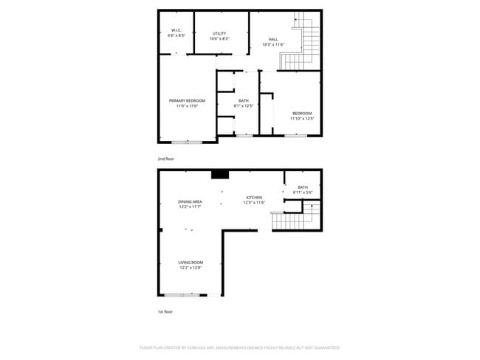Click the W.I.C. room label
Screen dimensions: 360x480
click(176, 30)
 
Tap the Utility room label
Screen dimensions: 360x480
click(219, 32)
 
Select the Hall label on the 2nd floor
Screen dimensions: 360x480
click(272, 39)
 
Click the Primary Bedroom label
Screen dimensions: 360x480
click(187, 100)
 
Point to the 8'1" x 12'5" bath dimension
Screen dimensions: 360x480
click(244, 106)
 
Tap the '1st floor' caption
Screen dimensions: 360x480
click(165, 312)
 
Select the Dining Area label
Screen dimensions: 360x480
click(191, 201)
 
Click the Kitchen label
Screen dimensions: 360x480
click(254, 197)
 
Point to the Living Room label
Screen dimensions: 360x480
click(191, 263)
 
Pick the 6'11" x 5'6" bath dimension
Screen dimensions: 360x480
click(303, 193)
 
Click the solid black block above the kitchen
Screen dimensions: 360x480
click(220, 175)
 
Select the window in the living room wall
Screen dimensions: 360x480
click(182, 295)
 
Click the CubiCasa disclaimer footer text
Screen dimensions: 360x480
click(239, 347)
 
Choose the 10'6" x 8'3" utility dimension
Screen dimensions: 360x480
click(219, 38)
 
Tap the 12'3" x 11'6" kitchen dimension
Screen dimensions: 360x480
click(254, 202)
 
